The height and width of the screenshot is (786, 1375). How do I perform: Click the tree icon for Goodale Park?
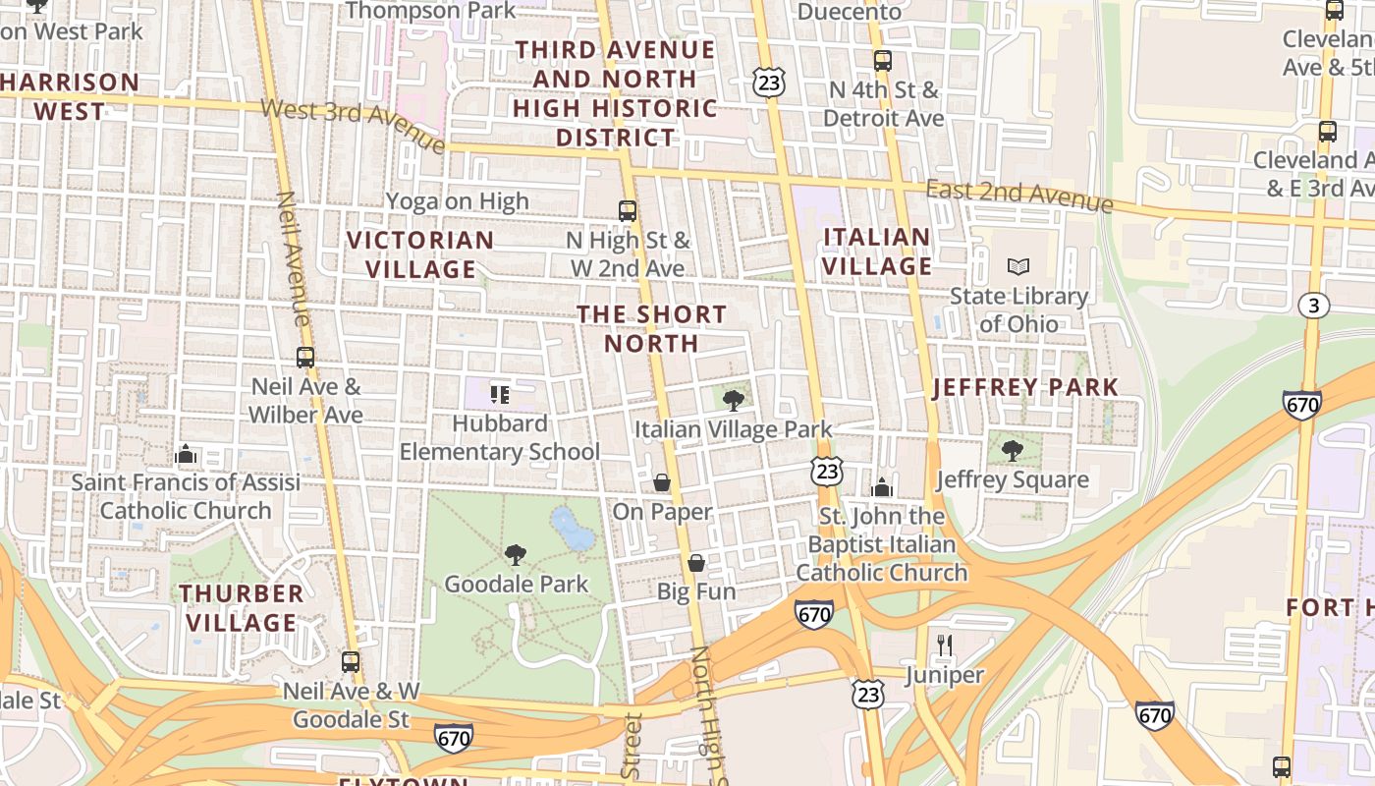(x=515, y=555)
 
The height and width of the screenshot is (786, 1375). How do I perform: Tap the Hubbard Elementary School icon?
(x=500, y=395)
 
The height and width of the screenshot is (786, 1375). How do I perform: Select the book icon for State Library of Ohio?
(x=1018, y=266)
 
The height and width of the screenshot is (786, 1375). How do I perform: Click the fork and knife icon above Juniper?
(x=944, y=646)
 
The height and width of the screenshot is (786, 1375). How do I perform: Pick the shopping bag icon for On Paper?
(x=662, y=482)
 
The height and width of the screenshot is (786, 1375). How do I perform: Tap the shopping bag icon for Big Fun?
(x=695, y=563)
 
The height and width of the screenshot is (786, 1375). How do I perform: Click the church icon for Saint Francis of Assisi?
(x=185, y=454)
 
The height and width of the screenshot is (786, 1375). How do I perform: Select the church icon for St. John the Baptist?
(x=881, y=487)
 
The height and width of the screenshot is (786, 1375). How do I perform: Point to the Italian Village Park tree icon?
(x=733, y=400)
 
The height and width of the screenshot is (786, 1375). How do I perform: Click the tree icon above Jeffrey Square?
(x=1012, y=451)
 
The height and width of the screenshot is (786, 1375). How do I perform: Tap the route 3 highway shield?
(x=1313, y=306)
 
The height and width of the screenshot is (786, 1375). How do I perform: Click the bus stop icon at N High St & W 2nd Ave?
(x=628, y=210)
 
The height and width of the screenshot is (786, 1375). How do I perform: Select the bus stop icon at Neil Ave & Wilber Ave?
(x=305, y=358)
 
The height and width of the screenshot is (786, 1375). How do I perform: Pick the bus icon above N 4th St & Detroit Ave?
(x=882, y=61)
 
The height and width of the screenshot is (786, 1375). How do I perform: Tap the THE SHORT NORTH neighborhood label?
(x=651, y=329)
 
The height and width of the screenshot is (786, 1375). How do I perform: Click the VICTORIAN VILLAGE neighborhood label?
(x=420, y=254)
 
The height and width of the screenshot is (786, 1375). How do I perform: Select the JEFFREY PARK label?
(x=1025, y=387)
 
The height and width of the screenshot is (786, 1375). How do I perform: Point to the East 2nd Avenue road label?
(x=1018, y=196)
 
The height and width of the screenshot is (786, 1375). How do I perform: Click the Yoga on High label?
(x=457, y=201)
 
